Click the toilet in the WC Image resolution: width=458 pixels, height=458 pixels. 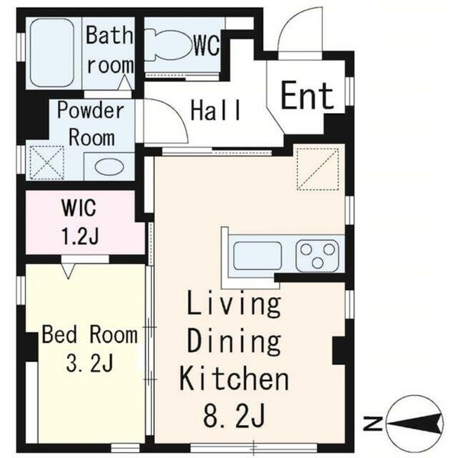(x=167, y=45)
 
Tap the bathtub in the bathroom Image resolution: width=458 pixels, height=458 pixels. (x=52, y=53)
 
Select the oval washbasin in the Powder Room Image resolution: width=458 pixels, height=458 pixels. (x=109, y=167)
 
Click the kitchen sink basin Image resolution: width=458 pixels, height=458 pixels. (x=258, y=255)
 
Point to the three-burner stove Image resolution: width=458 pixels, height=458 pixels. (x=318, y=255)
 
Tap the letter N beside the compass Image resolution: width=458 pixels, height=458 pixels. (x=373, y=424)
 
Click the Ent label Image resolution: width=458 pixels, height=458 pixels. (x=308, y=96)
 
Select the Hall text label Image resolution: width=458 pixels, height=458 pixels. (x=215, y=110)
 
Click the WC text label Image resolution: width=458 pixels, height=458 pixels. (x=207, y=46)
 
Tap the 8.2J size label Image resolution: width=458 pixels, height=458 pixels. (x=234, y=415)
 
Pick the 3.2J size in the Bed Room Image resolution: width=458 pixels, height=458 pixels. (x=89, y=363)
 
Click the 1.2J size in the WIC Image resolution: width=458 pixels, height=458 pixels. (x=79, y=235)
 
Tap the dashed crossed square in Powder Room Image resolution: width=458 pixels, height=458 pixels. (x=47, y=163)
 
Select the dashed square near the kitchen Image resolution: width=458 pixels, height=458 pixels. (x=318, y=169)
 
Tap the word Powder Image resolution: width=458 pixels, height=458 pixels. (x=91, y=111)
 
